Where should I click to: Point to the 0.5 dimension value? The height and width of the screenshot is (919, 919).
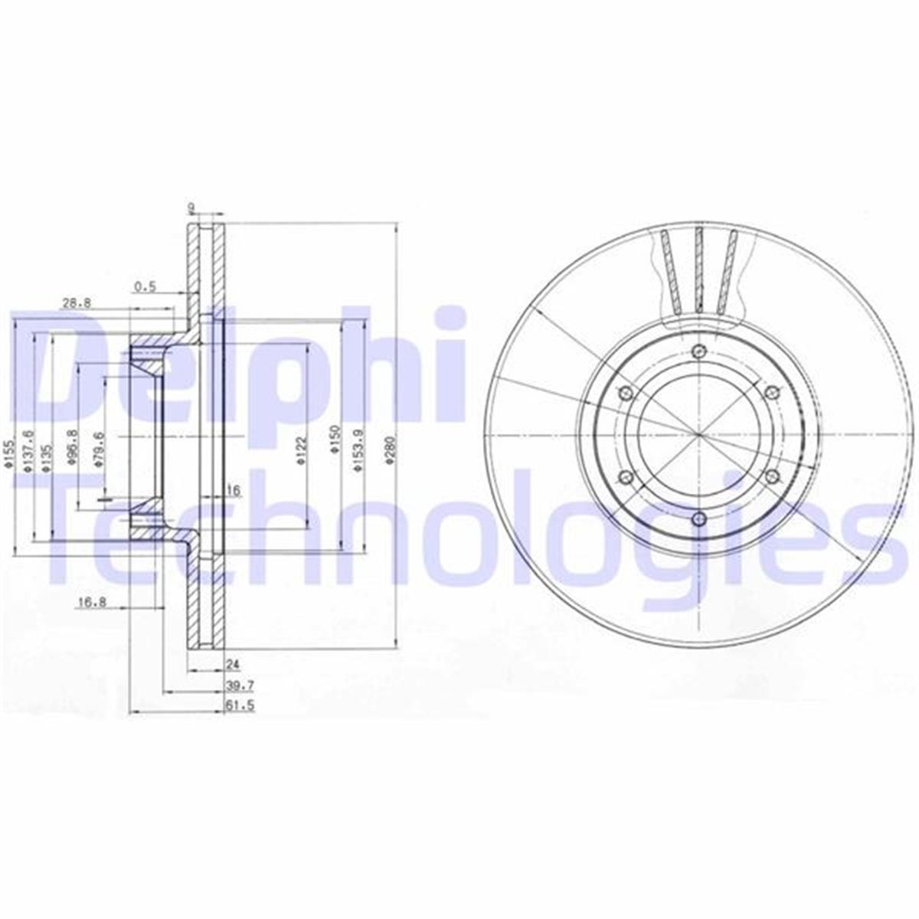[x=144, y=286]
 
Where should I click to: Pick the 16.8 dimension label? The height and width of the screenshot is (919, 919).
[x=91, y=603]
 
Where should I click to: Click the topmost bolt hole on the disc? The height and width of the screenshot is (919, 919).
[x=697, y=352]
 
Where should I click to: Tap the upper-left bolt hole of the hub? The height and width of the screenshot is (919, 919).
[x=625, y=393]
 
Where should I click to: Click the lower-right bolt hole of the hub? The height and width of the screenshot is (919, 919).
[x=770, y=478]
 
